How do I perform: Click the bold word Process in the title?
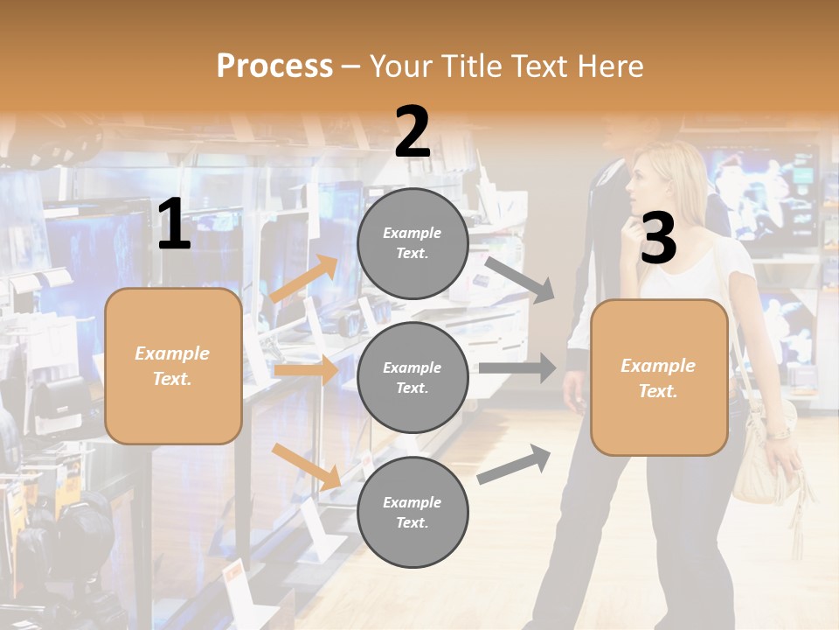click(274, 66)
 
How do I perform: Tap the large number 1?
click(174, 225)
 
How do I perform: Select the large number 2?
click(413, 133)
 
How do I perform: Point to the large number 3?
click(658, 239)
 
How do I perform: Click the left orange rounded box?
click(173, 366)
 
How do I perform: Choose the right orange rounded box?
click(659, 378)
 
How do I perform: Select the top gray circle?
click(413, 243)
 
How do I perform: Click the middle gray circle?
click(413, 378)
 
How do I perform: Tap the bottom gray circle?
click(413, 512)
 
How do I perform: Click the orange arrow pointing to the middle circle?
click(306, 370)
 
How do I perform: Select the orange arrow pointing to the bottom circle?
click(306, 466)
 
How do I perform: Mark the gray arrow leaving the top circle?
click(520, 279)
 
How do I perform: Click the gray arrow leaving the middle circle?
click(517, 367)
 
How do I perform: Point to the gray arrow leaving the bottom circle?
click(514, 464)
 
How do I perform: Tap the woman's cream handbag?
click(762, 464)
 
